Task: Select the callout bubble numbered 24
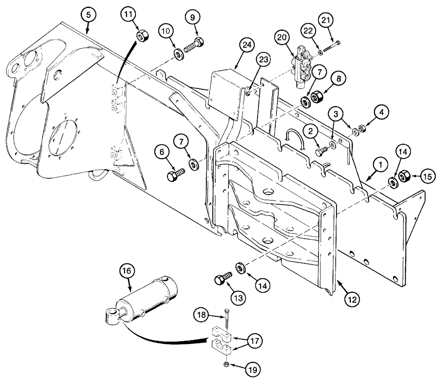pos(247,45)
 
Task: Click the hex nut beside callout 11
pos(142,36)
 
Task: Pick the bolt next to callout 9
pos(194,45)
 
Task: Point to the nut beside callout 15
pos(404,177)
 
